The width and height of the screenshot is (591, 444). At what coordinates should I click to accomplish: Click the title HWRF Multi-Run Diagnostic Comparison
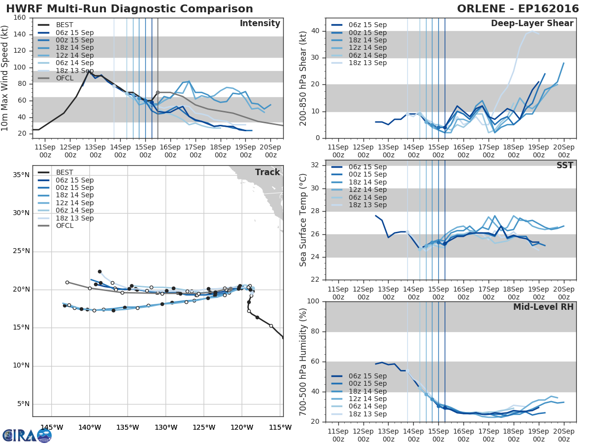(x=130, y=9)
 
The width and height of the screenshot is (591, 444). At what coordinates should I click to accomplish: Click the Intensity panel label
(x=260, y=24)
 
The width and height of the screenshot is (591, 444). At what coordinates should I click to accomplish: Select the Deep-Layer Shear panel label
(x=532, y=24)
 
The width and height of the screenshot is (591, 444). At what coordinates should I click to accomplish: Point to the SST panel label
(x=565, y=165)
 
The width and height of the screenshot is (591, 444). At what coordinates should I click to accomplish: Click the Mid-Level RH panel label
(x=543, y=307)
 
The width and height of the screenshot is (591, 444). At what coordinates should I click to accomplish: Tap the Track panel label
(x=267, y=172)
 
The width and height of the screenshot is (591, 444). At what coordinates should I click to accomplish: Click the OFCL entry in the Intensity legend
(x=65, y=78)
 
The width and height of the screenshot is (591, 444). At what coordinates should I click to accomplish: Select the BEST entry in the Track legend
(x=65, y=172)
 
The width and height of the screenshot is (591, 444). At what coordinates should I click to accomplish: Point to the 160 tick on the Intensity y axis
(x=20, y=18)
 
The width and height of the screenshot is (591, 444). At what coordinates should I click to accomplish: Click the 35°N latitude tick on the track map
(x=21, y=175)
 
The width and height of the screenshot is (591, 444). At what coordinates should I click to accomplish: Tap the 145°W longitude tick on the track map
(x=52, y=427)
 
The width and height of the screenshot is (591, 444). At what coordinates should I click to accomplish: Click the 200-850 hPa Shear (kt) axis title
(x=303, y=78)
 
